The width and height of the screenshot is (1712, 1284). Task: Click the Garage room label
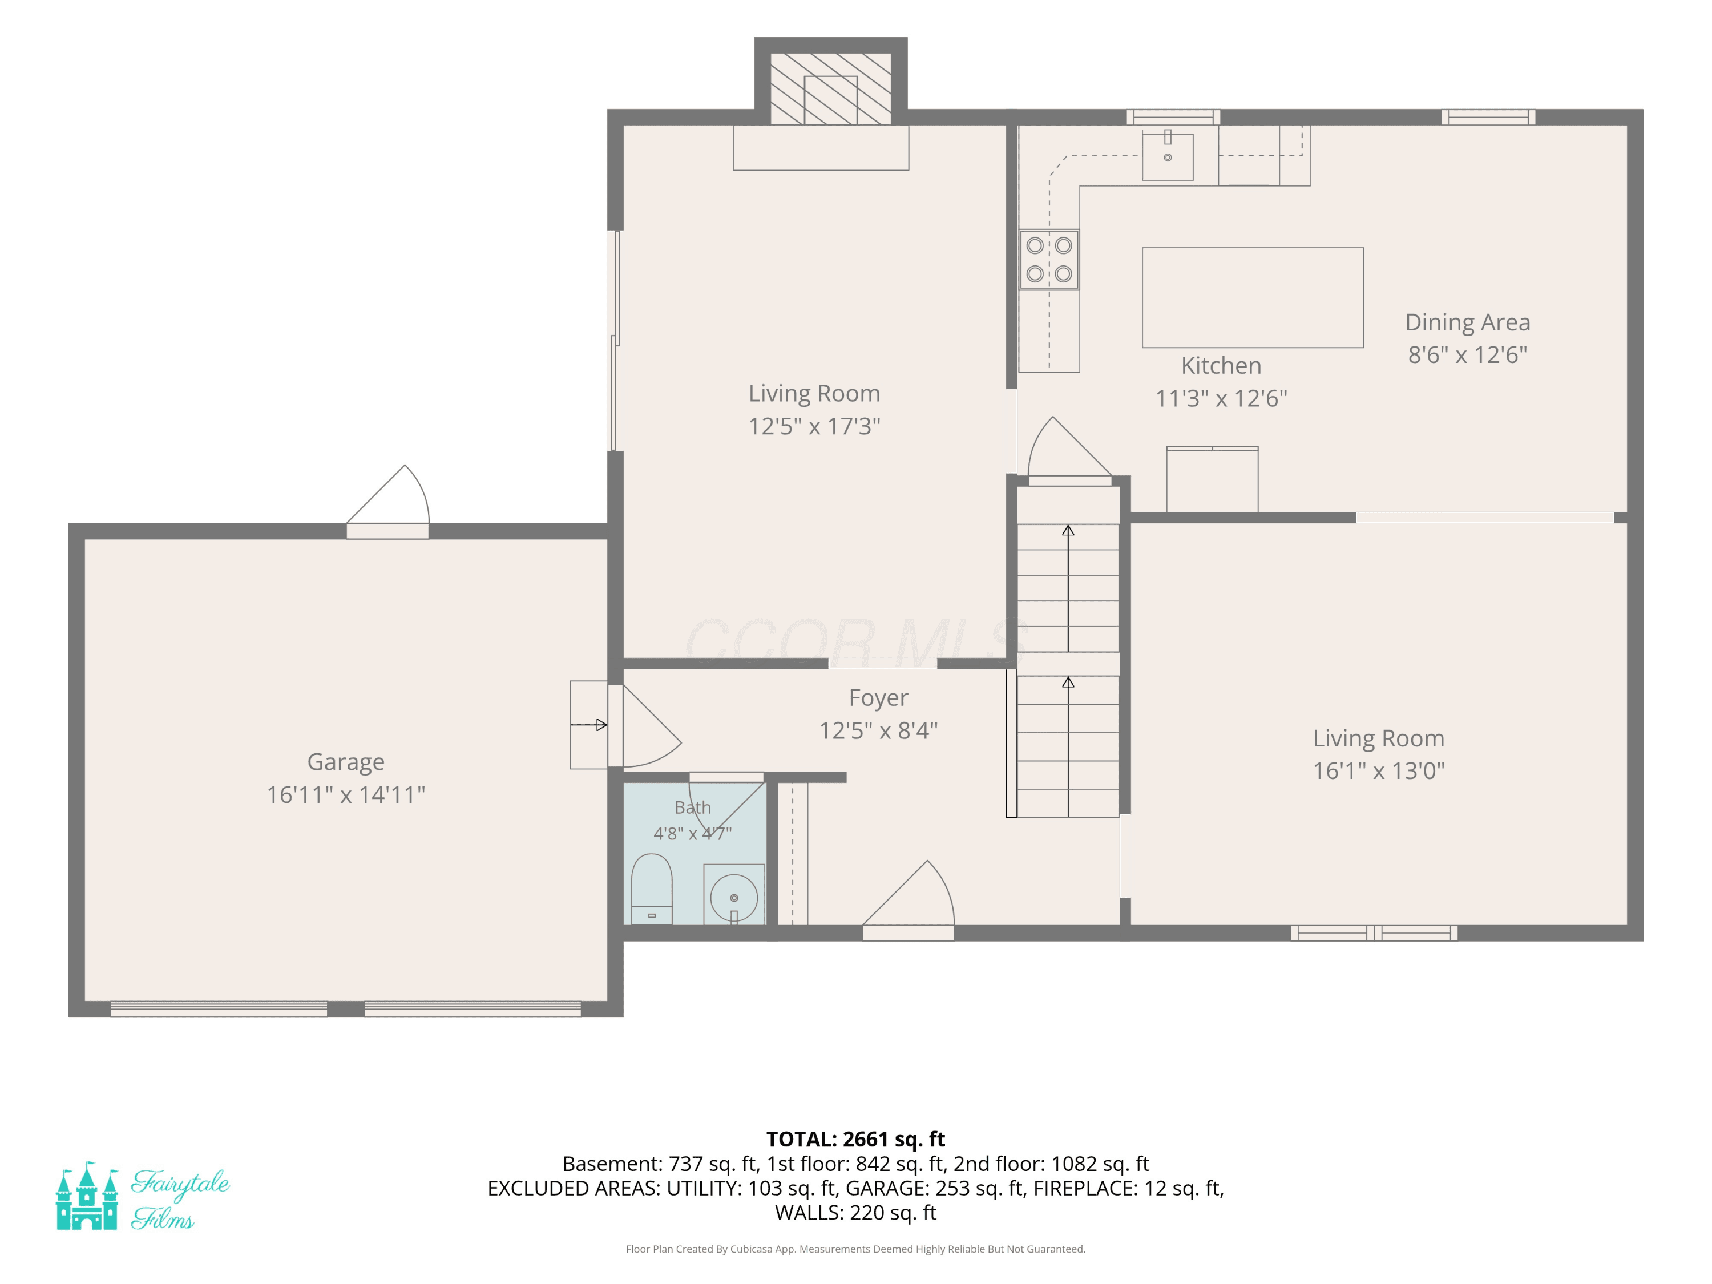click(x=345, y=762)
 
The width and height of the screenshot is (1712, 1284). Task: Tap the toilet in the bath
click(x=652, y=889)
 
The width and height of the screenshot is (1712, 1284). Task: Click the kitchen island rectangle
click(x=1252, y=298)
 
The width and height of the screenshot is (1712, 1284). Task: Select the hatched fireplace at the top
click(x=830, y=88)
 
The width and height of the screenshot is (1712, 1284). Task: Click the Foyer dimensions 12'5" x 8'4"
click(x=878, y=730)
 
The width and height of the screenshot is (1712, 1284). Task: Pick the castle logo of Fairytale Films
click(x=87, y=1196)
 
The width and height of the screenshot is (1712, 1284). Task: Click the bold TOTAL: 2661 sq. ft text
click(x=855, y=1139)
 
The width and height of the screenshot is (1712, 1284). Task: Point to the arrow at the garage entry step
click(x=588, y=725)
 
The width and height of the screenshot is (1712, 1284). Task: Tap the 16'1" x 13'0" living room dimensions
click(x=1378, y=771)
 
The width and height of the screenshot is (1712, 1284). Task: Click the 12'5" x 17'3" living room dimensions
click(x=814, y=426)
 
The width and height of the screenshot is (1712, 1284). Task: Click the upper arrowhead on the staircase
click(x=1068, y=530)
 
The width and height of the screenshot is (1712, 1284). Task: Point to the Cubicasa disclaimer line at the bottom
click(x=855, y=1249)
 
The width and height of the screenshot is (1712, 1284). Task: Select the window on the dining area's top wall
click(x=1488, y=117)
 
